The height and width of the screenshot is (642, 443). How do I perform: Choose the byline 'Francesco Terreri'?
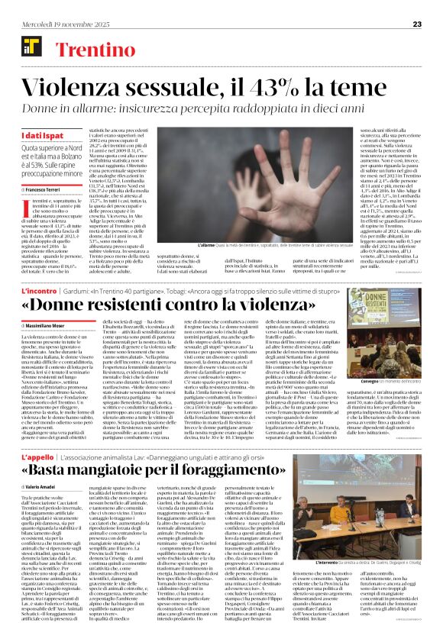40,189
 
